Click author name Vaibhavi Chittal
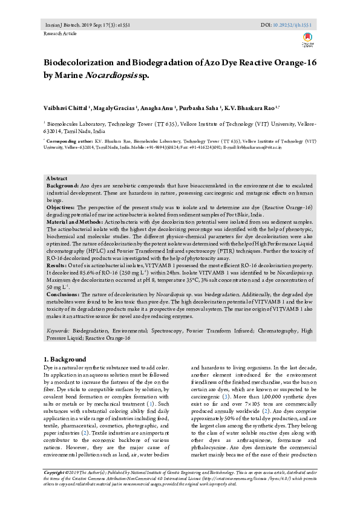pos(65,107)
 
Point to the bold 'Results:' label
pos(57,265)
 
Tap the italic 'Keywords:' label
pos(58,331)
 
